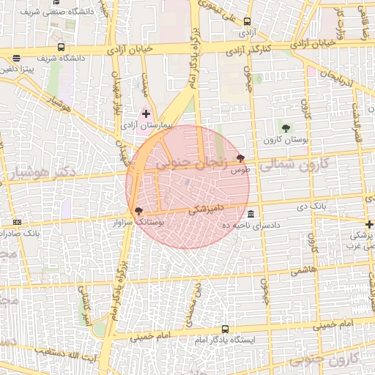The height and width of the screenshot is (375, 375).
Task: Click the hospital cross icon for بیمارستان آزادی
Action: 146,114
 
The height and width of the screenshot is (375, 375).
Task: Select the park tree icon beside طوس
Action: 241,158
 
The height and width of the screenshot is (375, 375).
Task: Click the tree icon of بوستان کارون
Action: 286,128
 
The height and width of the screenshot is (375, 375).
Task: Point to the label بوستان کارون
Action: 286,138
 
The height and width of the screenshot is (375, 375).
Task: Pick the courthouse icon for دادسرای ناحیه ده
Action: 251,214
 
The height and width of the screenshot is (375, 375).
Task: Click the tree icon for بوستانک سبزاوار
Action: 139,211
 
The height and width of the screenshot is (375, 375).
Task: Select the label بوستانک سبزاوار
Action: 141,220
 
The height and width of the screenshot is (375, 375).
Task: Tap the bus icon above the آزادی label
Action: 246,22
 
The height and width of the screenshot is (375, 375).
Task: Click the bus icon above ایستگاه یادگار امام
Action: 224,330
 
